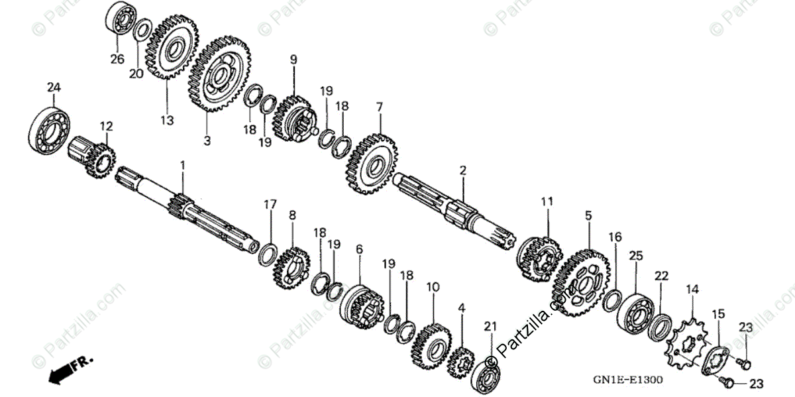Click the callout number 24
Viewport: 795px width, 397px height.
(x=54, y=87)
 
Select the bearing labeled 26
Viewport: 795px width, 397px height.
(x=120, y=19)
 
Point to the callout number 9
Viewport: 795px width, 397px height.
(x=293, y=60)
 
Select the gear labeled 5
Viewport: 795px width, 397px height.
(x=580, y=282)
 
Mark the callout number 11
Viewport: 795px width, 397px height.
(x=546, y=200)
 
